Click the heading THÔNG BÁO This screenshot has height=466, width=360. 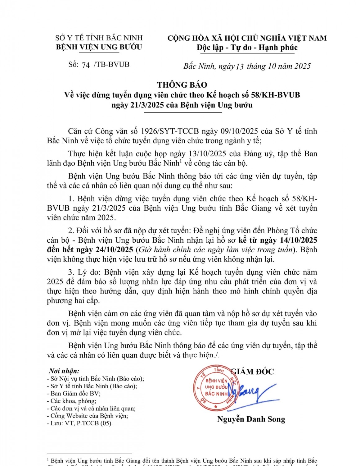182,85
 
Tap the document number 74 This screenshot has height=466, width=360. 86,65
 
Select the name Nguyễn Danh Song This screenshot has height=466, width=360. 251,419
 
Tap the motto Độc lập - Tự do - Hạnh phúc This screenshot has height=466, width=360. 247,48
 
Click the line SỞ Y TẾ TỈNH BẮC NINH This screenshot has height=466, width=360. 99,38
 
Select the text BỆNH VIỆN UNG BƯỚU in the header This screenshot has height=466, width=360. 99,47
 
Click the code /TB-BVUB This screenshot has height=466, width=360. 112,64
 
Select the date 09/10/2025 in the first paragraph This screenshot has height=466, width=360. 239,131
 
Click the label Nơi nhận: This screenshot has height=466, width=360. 64,371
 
